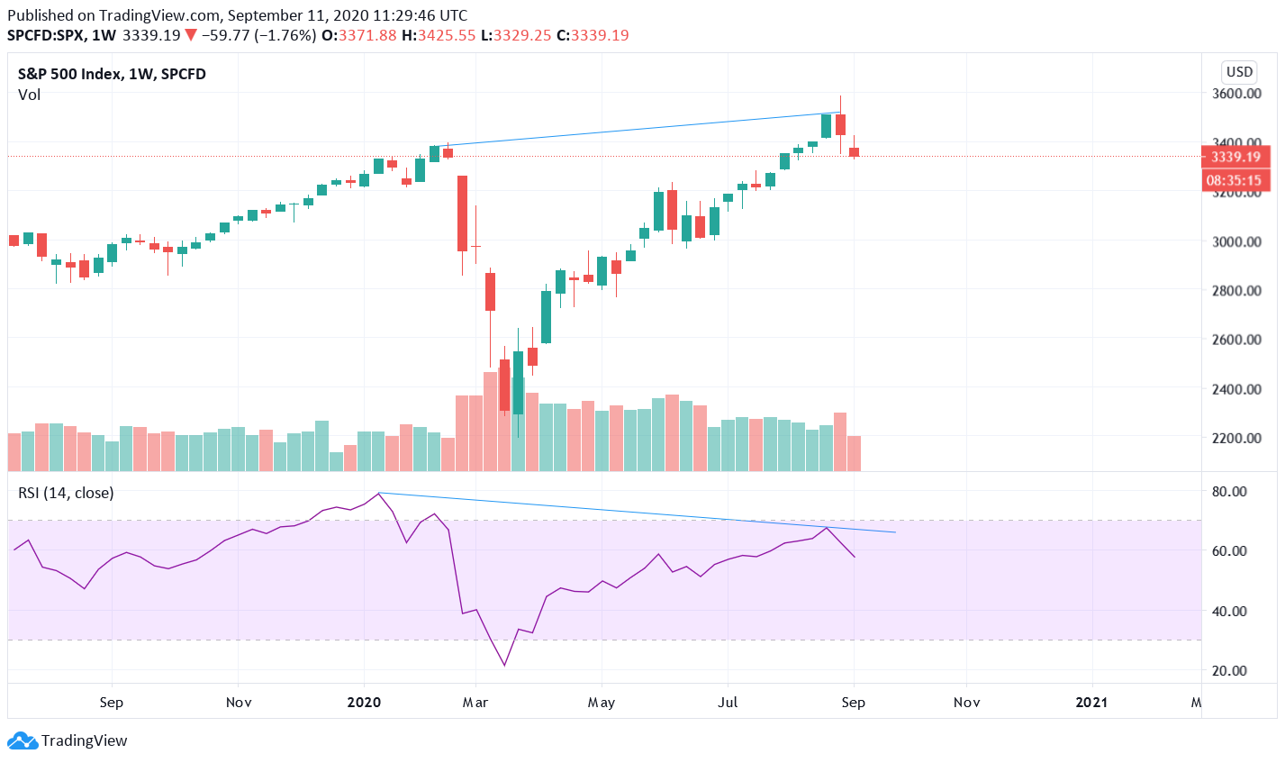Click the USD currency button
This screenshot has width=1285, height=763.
1239,72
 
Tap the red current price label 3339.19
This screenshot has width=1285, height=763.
1235,157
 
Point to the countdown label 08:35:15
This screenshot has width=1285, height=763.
1235,180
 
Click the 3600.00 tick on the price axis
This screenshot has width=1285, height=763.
1235,94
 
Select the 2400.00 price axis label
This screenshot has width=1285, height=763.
1235,389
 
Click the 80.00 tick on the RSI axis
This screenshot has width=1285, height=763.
1229,492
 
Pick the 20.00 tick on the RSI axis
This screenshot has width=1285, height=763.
1229,671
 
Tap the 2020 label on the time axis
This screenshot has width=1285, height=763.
364,703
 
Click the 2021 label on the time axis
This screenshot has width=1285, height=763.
1092,703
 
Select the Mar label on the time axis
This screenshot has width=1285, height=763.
475,703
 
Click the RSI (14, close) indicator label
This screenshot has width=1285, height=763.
66,493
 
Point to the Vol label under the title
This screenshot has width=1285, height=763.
29,95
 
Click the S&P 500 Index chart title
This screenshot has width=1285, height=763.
112,74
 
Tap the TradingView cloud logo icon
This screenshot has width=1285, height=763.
23,740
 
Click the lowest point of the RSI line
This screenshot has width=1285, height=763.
504,666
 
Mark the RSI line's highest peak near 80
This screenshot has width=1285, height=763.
379,493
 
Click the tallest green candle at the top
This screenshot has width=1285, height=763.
826,125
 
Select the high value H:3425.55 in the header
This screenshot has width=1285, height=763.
439,35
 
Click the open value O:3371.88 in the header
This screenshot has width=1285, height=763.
359,35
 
